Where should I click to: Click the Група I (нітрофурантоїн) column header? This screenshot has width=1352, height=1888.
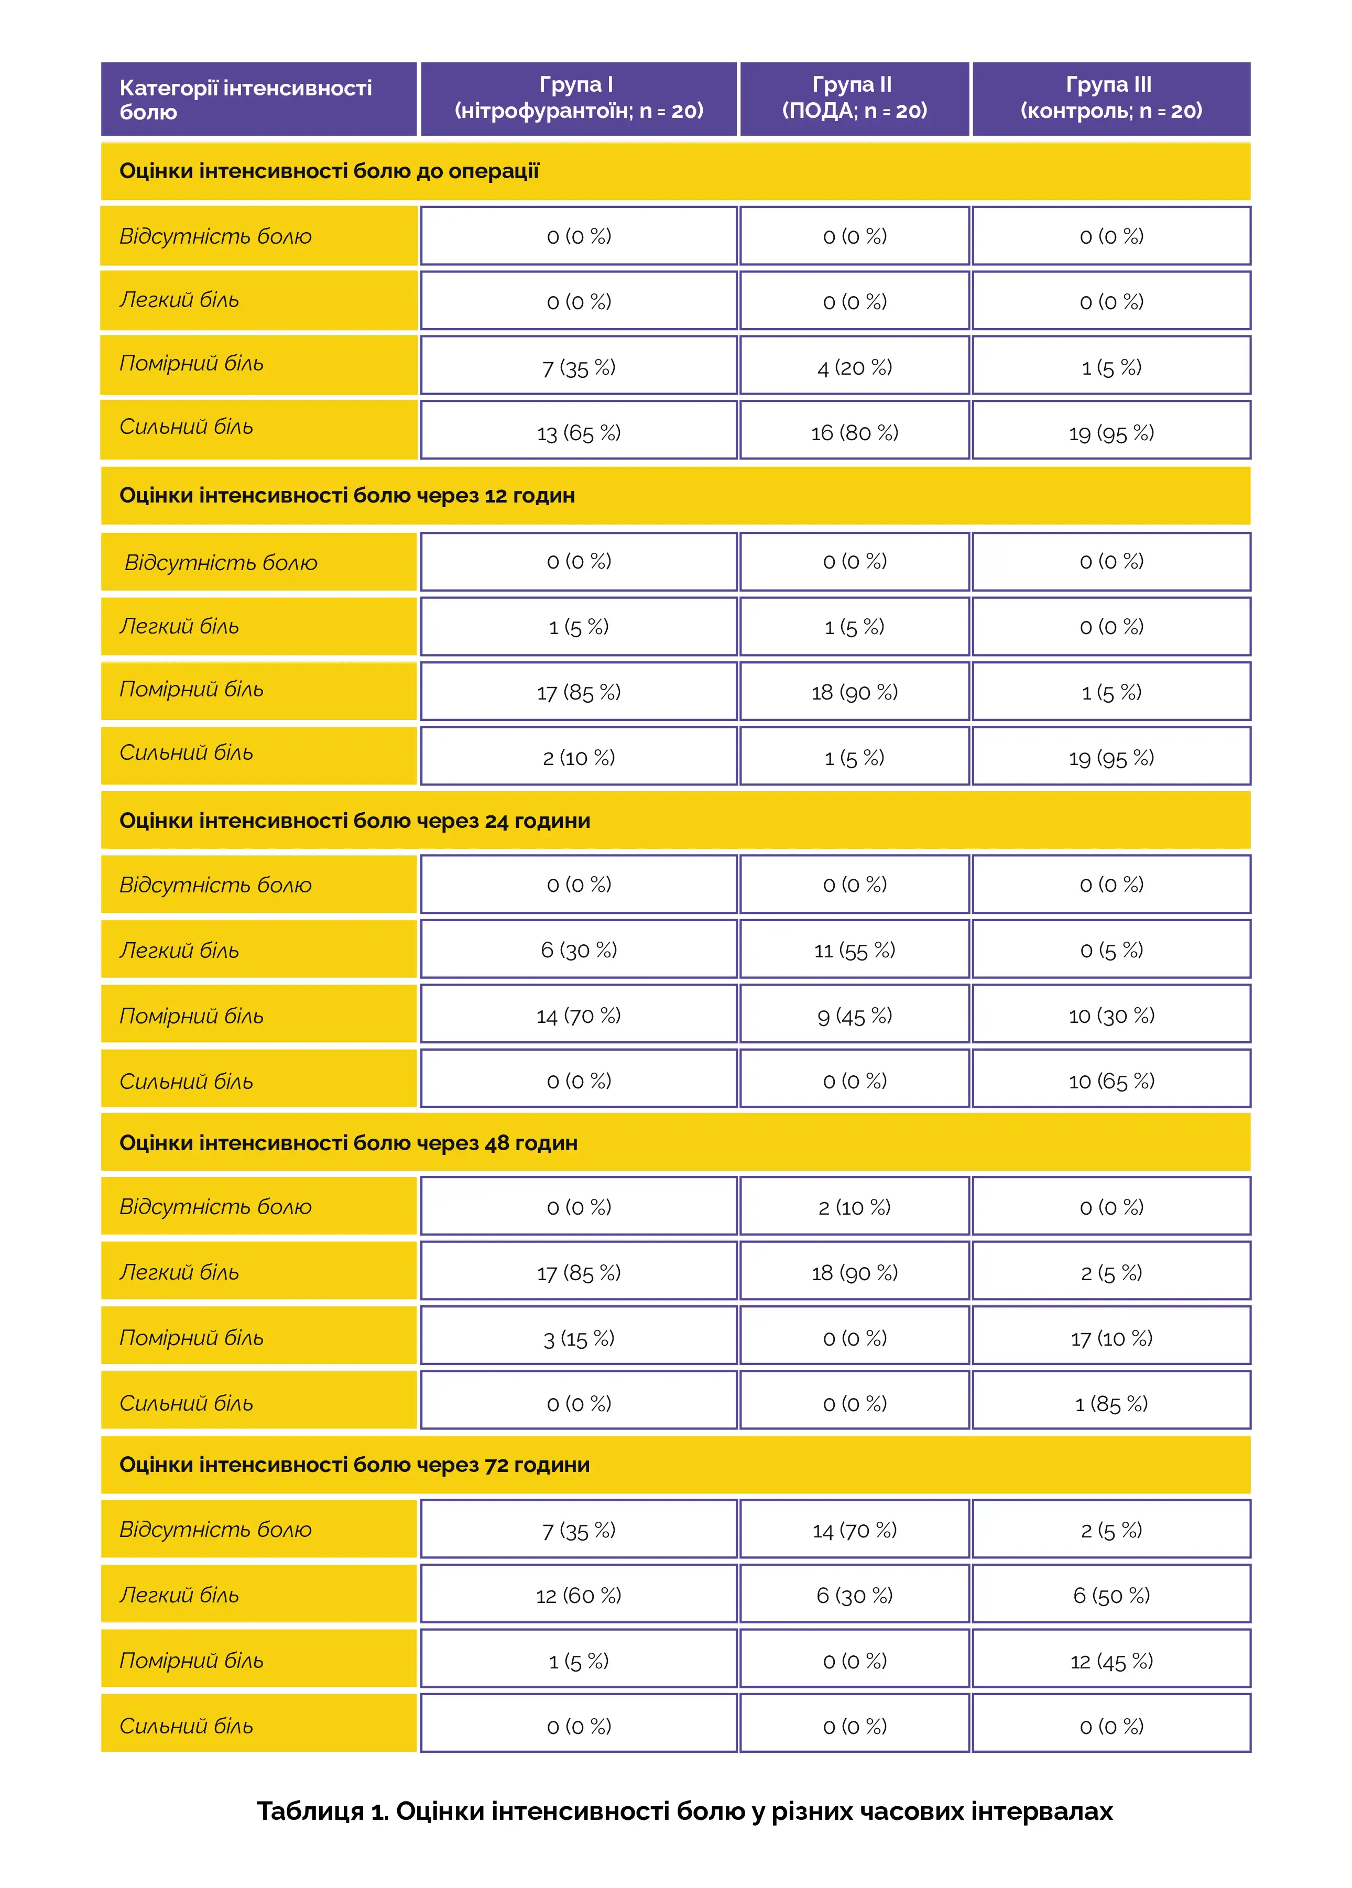coord(579,98)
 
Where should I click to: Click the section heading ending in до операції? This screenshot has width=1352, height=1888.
coord(330,171)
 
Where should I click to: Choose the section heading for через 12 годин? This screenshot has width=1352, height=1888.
coord(347,496)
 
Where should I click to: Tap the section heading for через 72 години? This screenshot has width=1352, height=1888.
coord(355,1465)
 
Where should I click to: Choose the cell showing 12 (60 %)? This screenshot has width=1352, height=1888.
coord(579,1596)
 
